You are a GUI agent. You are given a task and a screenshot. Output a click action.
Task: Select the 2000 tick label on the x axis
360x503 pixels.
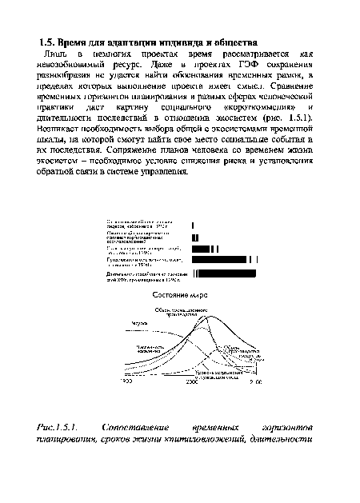click(x=191, y=383)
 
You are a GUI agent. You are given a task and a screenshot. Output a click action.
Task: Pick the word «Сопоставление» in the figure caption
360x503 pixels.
click(x=145, y=429)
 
